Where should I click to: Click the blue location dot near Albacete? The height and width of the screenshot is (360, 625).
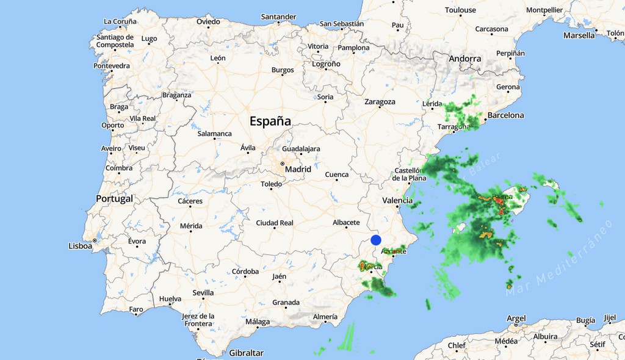click(376, 240)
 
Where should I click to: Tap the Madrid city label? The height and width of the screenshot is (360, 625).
click(298, 169)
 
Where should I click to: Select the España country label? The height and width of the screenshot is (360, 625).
click(270, 121)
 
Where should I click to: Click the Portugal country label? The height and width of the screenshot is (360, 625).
click(114, 199)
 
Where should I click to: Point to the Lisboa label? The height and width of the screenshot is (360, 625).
click(81, 246)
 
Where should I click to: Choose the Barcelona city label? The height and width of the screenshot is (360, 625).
click(505, 115)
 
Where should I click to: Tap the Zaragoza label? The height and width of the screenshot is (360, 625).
click(380, 102)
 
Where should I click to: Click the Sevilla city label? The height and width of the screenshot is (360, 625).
click(203, 293)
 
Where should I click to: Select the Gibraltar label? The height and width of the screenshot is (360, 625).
click(247, 353)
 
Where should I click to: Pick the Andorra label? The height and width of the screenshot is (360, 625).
click(465, 59)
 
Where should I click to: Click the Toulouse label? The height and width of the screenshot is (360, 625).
click(460, 10)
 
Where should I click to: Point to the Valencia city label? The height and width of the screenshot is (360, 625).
click(397, 200)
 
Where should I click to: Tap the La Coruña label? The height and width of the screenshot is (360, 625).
click(120, 21)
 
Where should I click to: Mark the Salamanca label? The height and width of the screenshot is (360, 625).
click(215, 134)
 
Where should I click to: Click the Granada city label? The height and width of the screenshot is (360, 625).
click(286, 303)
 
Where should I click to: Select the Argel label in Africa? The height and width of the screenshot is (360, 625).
click(516, 319)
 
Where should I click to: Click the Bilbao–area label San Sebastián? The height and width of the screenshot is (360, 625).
click(342, 24)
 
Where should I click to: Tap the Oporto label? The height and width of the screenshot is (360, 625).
click(113, 126)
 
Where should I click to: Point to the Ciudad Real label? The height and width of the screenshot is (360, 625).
click(275, 223)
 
